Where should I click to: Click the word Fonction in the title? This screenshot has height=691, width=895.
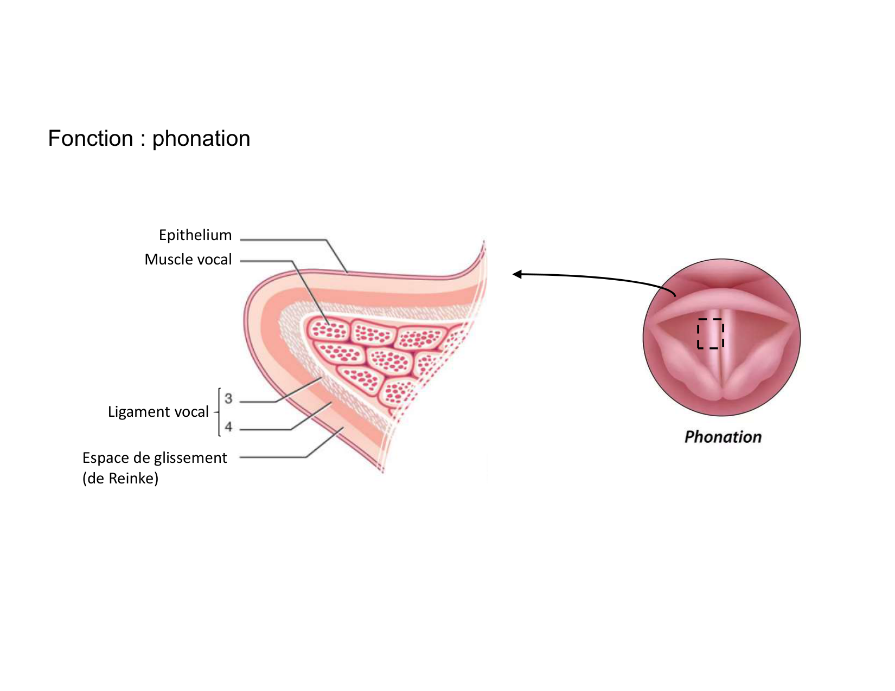tap(90, 138)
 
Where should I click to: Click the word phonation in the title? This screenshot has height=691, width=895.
tap(201, 139)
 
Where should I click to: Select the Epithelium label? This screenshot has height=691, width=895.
tap(195, 235)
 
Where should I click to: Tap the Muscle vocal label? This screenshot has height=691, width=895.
tap(188, 259)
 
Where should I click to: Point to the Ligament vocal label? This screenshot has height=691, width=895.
tap(158, 411)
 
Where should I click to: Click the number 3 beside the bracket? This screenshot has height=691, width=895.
tap(228, 398)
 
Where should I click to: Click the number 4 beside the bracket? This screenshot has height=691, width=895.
tap(228, 427)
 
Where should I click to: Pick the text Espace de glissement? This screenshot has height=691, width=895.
tap(155, 457)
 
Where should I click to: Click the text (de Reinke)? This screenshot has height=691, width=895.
tap(120, 478)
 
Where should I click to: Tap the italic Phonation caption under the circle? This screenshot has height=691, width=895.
tap(723, 437)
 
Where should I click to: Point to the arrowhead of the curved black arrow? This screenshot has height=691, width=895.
tap(517, 274)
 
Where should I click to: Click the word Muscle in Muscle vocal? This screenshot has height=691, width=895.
tap(169, 259)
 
